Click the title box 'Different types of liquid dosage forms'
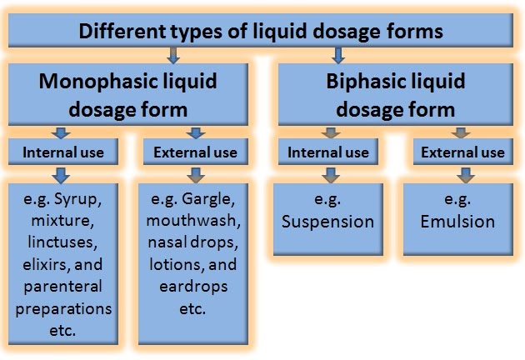(x=261, y=32)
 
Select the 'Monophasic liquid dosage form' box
(x=127, y=95)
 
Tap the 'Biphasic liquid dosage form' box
(x=396, y=95)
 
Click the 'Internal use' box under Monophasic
(x=63, y=152)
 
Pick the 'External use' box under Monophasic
(x=196, y=152)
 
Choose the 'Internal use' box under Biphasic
(x=328, y=152)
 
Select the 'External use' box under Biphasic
(x=462, y=152)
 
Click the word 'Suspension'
(x=327, y=222)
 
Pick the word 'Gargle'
(x=213, y=201)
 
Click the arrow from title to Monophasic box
(x=172, y=56)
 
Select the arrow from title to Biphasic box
(x=337, y=56)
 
